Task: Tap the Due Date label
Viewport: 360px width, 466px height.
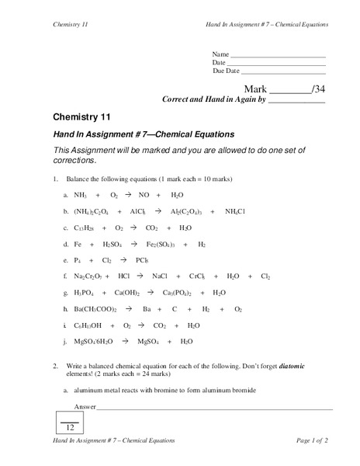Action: coord(226,71)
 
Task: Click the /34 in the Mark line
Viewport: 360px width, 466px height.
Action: coord(317,89)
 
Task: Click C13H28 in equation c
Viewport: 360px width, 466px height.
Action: coord(87,228)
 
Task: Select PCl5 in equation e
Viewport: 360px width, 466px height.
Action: coord(141,260)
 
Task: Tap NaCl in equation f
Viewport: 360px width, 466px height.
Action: coord(160,276)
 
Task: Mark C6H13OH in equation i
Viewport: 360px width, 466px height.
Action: coord(89,325)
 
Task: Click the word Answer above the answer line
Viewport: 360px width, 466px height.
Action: coord(85,407)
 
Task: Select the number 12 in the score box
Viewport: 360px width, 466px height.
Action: coord(70,428)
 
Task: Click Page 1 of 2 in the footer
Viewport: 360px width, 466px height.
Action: coord(313,440)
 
